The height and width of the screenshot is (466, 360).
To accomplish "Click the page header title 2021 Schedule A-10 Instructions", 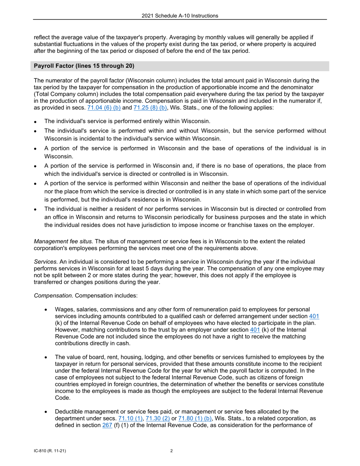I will point(180,16).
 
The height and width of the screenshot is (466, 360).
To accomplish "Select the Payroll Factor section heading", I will point(84,66).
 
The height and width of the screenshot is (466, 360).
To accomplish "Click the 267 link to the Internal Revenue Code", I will point(107,425).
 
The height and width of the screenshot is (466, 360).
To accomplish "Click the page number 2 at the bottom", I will point(172,451).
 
